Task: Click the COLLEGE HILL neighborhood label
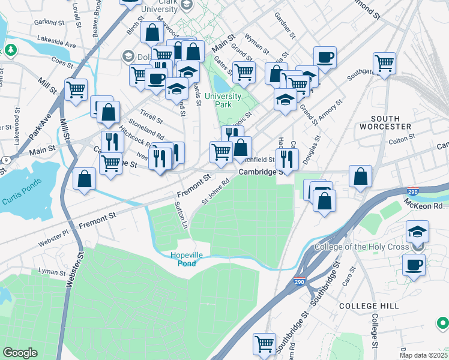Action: tap(369, 306)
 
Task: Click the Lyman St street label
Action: tap(51, 272)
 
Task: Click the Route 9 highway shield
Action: tap(5, 160)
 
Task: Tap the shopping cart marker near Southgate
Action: tap(384, 62)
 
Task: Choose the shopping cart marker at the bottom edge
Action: tap(264, 344)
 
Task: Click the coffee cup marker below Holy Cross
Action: tap(414, 264)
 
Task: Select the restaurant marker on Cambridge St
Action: tap(287, 159)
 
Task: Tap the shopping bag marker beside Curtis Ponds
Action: tap(85, 178)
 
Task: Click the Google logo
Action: tap(20, 353)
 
